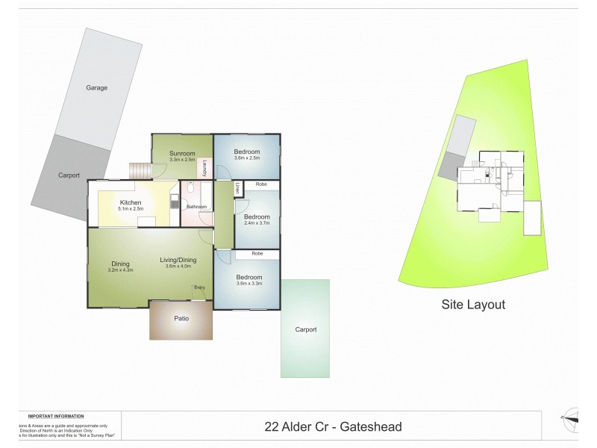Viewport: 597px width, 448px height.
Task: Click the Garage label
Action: point(96,87)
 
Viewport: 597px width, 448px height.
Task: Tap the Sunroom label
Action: point(182,153)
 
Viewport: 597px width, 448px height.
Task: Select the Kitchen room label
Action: point(131,202)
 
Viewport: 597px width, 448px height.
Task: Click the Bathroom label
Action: point(197,206)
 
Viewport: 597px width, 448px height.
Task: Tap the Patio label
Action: point(181,319)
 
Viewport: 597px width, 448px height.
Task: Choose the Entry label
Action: point(199,287)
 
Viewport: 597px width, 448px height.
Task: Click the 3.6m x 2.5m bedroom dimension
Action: point(247,158)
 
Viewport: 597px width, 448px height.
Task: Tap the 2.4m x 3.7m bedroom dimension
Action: point(256,223)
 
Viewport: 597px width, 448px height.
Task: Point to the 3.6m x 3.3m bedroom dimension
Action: point(248,283)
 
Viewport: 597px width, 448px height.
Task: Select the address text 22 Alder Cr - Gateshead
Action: point(333,427)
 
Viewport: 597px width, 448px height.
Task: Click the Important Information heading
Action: point(56,416)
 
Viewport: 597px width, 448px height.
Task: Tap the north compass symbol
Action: point(572,420)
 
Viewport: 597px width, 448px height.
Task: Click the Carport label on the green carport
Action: point(306,329)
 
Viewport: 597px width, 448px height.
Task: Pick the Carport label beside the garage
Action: point(69,175)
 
